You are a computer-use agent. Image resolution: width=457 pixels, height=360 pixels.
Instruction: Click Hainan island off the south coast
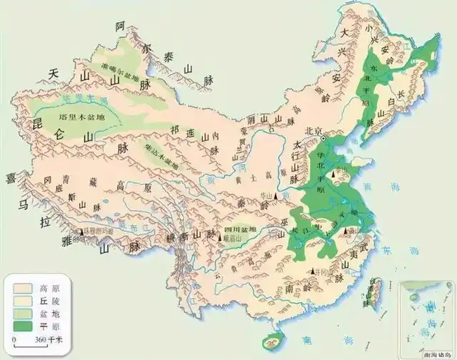pos(271,339)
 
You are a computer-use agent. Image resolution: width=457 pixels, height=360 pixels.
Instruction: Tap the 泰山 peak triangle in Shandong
pos(341,174)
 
